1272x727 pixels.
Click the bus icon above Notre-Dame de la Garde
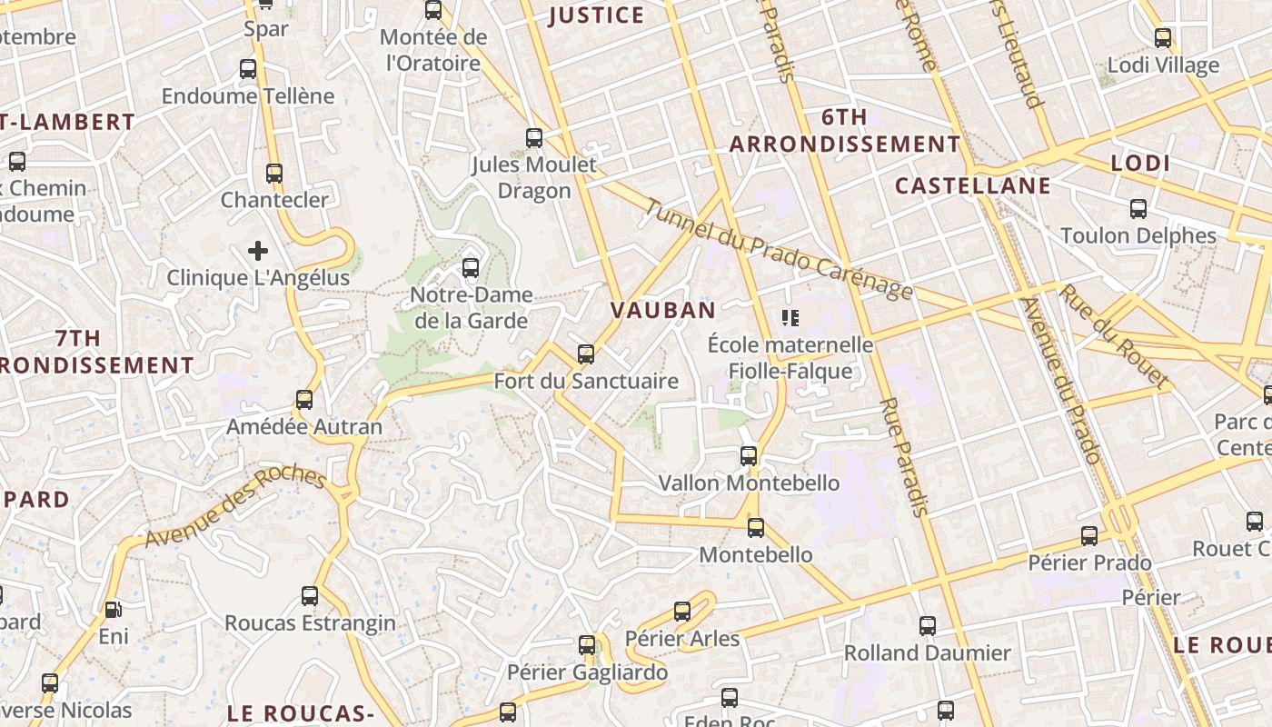point(470,268)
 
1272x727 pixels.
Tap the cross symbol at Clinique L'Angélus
point(258,250)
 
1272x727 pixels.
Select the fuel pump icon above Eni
point(113,610)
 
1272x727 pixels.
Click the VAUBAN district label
point(662,310)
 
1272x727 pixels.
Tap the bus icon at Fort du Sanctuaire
point(586,354)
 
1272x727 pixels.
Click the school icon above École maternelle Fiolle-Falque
point(790,317)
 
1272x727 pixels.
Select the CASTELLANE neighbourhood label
point(972,186)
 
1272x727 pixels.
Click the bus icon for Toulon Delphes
point(1138,209)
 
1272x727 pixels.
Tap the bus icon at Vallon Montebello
point(749,456)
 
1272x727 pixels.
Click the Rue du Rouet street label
point(1114,334)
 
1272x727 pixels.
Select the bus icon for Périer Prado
point(1089,536)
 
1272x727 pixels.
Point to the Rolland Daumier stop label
point(927,652)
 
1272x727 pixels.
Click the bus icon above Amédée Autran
point(304,400)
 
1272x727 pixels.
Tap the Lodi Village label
point(1162,65)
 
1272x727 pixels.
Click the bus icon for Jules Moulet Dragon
point(534,138)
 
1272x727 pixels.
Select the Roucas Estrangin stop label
point(310,623)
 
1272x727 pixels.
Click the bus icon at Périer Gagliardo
point(587,645)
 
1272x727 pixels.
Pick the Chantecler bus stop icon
point(274,173)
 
